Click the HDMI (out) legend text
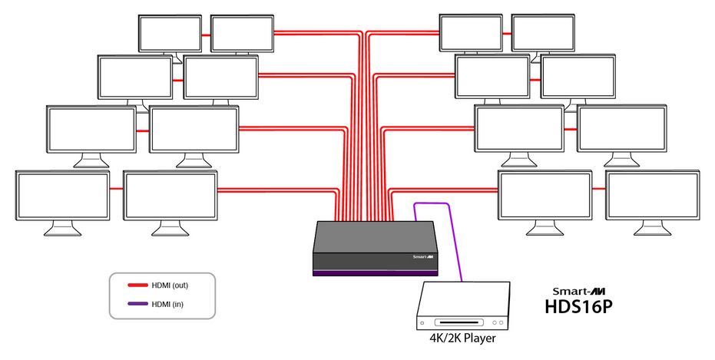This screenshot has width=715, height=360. click(170, 286)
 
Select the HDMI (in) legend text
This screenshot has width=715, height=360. click(168, 305)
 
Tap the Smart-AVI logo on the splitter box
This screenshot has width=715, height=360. click(425, 258)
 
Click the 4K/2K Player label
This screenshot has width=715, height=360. click(464, 336)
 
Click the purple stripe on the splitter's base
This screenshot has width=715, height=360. click(376, 272)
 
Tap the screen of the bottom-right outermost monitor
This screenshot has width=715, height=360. click(652, 196)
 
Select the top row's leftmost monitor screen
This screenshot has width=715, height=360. click(169, 32)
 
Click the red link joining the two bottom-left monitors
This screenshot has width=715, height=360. click(117, 189)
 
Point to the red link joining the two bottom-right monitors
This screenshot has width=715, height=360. click(599, 188)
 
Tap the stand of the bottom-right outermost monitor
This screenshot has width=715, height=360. click(652, 228)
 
